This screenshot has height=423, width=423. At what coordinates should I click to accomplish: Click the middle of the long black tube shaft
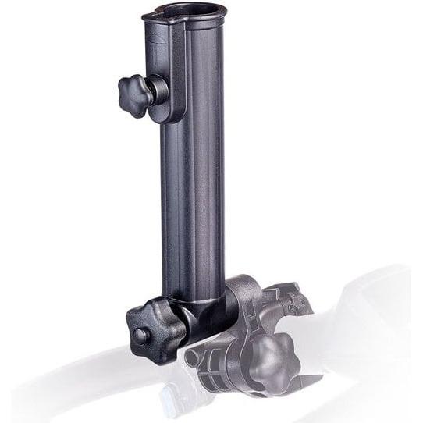[191, 195]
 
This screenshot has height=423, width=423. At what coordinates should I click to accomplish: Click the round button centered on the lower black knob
[140, 336]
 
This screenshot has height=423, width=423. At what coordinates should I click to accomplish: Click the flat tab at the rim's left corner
[148, 16]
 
